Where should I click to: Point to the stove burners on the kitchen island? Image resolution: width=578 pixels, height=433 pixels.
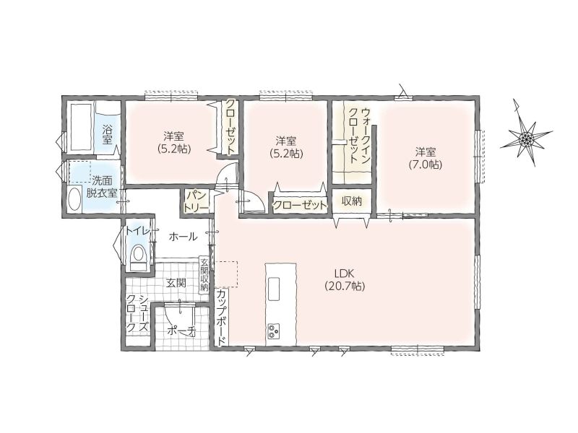tap(274, 331)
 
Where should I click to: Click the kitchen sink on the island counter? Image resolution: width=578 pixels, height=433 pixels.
tap(274, 289)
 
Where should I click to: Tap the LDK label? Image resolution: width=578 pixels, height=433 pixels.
tap(345, 274)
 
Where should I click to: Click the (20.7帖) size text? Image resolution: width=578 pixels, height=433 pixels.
tap(345, 286)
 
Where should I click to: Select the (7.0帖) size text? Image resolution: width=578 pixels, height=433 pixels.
tap(426, 165)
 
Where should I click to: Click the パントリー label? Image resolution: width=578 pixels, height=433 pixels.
tap(196, 201)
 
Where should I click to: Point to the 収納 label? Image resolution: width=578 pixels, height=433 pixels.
tap(352, 201)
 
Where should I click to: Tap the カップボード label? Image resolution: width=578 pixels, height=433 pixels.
tap(222, 318)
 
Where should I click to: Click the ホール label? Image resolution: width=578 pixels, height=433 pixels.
tap(183, 237)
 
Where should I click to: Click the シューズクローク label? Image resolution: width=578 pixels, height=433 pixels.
tap(137, 313)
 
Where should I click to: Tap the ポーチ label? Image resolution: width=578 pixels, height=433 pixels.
tap(181, 331)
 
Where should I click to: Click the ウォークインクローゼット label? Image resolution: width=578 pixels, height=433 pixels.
tap(359, 136)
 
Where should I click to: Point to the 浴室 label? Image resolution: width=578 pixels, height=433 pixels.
tap(107, 135)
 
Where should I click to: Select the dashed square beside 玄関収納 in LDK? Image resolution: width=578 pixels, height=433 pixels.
tap(226, 274)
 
